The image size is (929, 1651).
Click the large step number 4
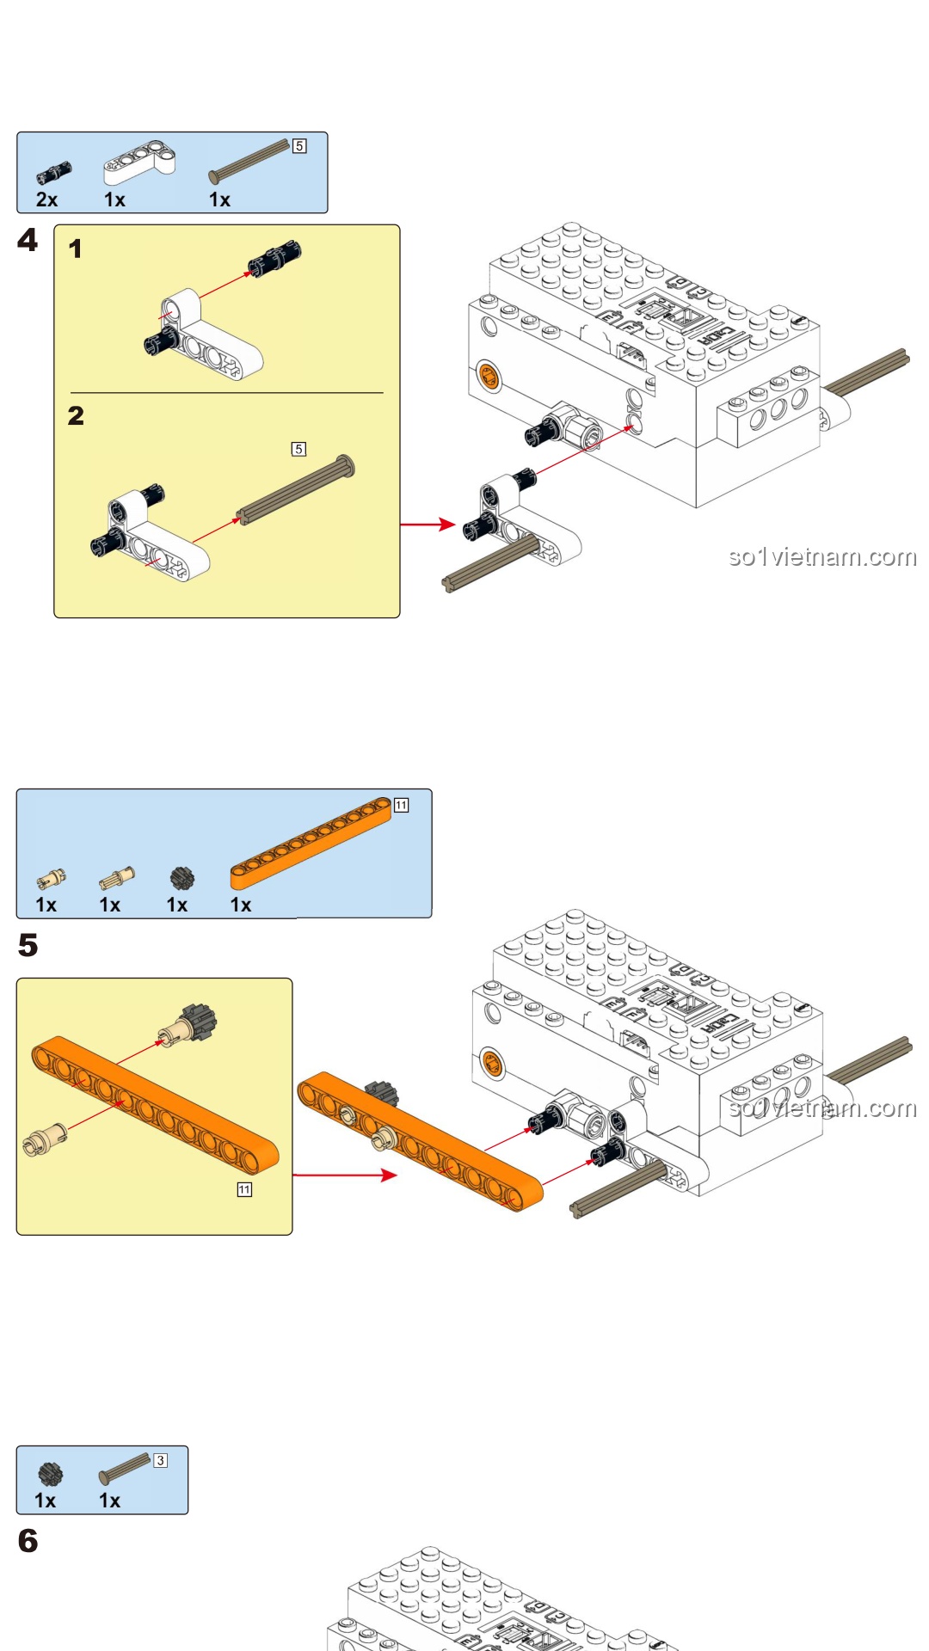coord(28,240)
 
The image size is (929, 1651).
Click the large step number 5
coord(28,945)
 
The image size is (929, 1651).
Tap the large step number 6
coord(28,1540)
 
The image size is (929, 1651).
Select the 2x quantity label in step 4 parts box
coord(46,199)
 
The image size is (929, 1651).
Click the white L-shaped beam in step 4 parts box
coord(139,161)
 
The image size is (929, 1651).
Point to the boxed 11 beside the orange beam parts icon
coord(401,805)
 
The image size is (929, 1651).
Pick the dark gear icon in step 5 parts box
coord(181,879)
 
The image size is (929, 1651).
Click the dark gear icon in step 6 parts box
coord(51,1474)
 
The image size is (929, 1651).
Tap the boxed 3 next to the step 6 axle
coord(160,1460)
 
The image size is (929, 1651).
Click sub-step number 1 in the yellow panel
coord(76,249)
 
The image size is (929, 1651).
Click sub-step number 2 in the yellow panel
coord(76,416)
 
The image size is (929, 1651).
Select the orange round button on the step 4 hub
coord(488,376)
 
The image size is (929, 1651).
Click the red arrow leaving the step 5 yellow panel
coord(344,1175)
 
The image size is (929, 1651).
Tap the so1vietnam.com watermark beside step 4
coord(821,557)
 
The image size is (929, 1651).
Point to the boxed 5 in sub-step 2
coord(298,449)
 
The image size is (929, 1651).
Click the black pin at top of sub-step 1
coord(274,256)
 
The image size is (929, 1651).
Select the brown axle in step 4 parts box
coord(249,162)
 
